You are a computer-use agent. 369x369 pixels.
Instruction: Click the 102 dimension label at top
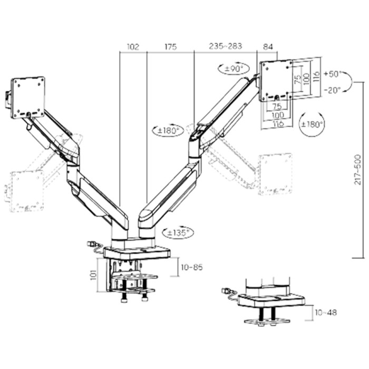[x=133, y=47]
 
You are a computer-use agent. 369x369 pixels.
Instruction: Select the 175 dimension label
[x=170, y=47]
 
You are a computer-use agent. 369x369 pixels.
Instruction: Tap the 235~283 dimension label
[x=226, y=46]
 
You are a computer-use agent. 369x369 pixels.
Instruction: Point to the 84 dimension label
[x=268, y=47]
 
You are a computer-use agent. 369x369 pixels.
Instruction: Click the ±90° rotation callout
[x=234, y=69]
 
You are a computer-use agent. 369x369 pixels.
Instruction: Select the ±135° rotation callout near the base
[x=178, y=233]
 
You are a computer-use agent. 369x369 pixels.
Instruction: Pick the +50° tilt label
[x=332, y=74]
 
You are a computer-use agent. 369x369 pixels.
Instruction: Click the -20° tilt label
[x=332, y=90]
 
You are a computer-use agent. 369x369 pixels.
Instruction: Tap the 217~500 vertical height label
[x=358, y=169]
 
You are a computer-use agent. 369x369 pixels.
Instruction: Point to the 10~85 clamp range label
[x=192, y=267]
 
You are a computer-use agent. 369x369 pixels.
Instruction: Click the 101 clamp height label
[x=94, y=274]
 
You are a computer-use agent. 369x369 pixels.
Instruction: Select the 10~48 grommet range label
[x=326, y=312]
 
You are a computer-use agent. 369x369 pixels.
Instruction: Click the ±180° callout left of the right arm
[x=168, y=130]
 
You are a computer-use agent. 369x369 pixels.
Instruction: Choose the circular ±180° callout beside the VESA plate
[x=312, y=124]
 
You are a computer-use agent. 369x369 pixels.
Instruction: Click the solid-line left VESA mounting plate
[x=28, y=98]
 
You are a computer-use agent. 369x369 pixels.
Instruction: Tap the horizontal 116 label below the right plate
[x=278, y=123]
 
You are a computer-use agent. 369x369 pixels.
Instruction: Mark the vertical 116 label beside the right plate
[x=316, y=76]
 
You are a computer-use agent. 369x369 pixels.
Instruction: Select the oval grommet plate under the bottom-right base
[x=267, y=322]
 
